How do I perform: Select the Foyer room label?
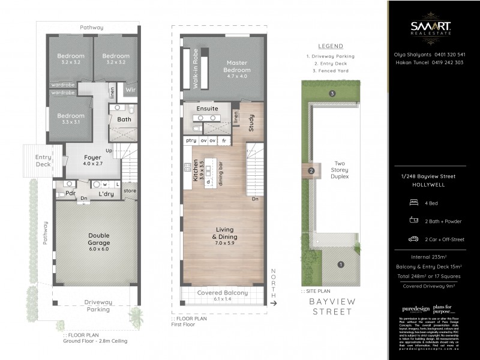point(92,160)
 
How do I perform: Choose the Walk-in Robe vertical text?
point(195,69)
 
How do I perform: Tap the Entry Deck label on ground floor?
point(43,160)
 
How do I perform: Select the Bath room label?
point(124,119)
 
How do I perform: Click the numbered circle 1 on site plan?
point(341,265)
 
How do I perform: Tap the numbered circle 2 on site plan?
point(311,172)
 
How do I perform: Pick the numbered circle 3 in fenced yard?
point(332,94)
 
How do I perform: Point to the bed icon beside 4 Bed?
point(413,203)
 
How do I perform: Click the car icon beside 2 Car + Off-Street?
point(413,239)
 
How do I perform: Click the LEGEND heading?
point(330,46)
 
